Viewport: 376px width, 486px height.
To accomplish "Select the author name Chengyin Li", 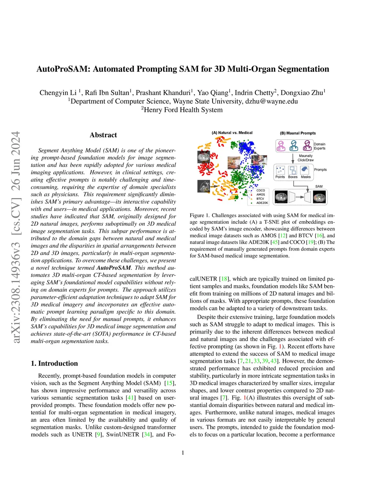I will tap(58, 92).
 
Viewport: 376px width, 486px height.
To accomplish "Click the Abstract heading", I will tap(103, 135).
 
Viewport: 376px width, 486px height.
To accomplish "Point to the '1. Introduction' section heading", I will tap(54, 363).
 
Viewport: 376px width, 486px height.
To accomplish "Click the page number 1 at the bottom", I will tap(183, 453).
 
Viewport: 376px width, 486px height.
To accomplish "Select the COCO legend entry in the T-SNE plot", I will tap(260, 190).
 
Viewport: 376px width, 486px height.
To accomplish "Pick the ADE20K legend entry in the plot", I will tap(262, 203).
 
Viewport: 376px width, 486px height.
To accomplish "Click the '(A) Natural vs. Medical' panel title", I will tap(232, 133).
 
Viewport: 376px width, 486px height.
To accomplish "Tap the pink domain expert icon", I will tap(281, 146).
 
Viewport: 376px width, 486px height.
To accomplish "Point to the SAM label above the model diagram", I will tap(319, 186).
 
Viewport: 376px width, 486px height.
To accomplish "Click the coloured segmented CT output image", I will tap(319, 197).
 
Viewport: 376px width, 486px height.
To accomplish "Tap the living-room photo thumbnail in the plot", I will tap(234, 163).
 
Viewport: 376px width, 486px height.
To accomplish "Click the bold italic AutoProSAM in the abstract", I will tap(113, 268).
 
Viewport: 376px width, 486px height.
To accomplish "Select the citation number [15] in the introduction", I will tap(170, 383).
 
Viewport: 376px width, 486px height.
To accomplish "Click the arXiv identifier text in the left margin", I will tap(16, 237).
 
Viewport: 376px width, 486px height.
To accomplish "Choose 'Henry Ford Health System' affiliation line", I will tap(182, 110).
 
